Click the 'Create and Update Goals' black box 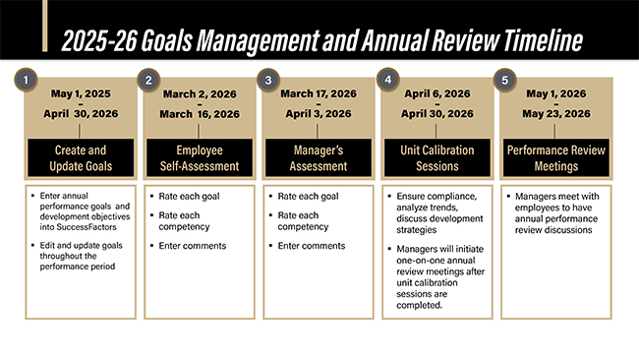(x=82, y=158)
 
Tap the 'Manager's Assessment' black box (x=318, y=158)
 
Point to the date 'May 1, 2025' (x=82, y=94)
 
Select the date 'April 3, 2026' (x=318, y=114)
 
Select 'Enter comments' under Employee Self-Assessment (x=197, y=244)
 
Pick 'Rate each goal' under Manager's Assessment (x=310, y=197)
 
